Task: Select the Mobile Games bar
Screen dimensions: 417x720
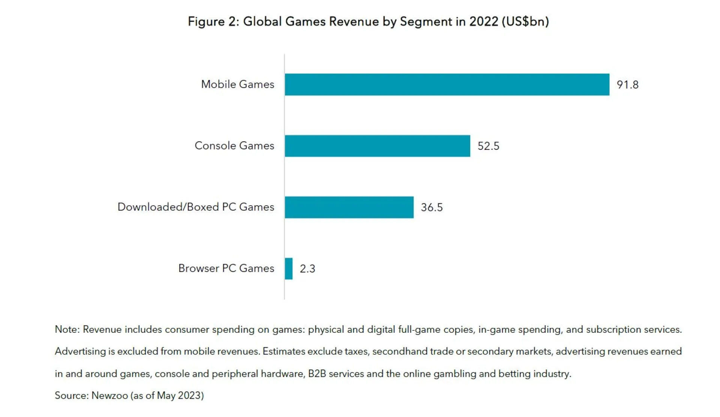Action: tap(447, 85)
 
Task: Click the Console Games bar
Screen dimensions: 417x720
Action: tap(377, 146)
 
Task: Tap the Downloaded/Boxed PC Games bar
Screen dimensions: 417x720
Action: tap(349, 207)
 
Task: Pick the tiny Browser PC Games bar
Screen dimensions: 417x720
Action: tap(289, 269)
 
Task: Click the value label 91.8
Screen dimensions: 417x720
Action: tap(627, 85)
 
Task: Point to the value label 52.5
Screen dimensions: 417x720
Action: tap(488, 146)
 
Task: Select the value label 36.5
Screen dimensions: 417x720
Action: tap(432, 207)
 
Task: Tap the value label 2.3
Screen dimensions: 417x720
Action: tap(307, 269)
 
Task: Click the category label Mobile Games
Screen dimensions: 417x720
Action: tap(237, 84)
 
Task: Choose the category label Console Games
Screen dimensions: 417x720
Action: tap(234, 146)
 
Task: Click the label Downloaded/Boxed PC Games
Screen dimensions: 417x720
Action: tap(196, 207)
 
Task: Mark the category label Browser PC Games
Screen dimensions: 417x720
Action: tap(226, 268)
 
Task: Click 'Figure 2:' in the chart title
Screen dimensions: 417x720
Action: tap(213, 21)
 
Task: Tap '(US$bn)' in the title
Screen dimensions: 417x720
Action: tap(525, 21)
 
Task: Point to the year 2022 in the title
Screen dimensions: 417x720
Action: tap(483, 21)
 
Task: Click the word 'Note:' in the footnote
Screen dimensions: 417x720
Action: tap(67, 329)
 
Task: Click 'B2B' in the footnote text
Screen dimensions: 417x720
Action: tap(317, 374)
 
